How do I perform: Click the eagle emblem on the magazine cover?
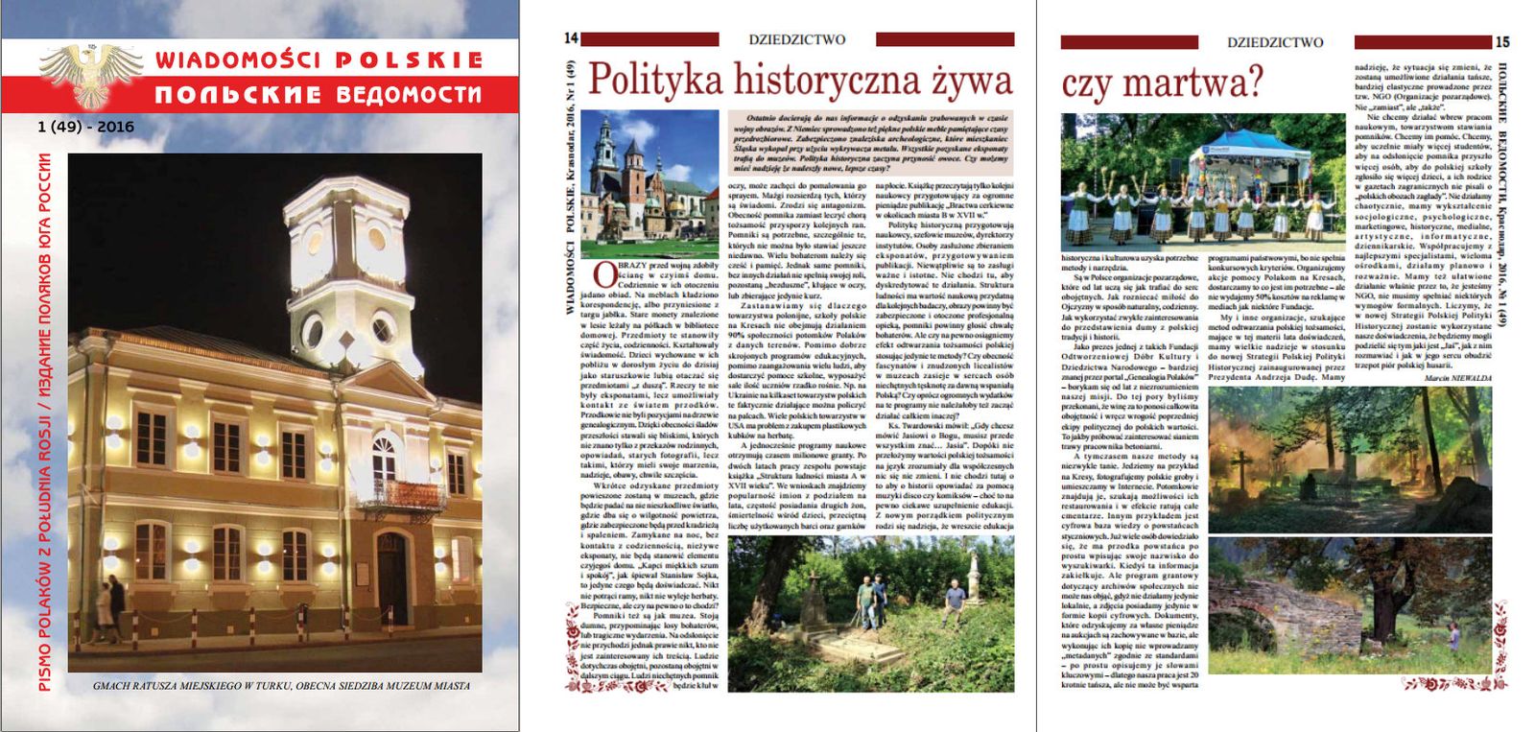pyautogui.click(x=91, y=72)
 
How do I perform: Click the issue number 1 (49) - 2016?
pyautogui.click(x=86, y=127)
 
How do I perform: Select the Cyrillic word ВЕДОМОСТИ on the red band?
pyautogui.click(x=409, y=94)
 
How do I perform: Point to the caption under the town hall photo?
pyautogui.click(x=281, y=686)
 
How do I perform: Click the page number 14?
pyautogui.click(x=571, y=38)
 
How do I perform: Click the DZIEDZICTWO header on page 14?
pyautogui.click(x=797, y=39)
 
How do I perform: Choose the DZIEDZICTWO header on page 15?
pyautogui.click(x=1275, y=42)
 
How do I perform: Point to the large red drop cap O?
pyautogui.click(x=603, y=274)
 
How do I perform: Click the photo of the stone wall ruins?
pyautogui.click(x=1349, y=604)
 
